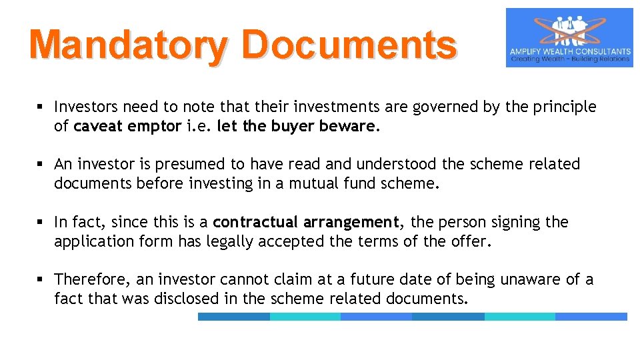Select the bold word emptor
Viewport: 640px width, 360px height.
(x=158, y=126)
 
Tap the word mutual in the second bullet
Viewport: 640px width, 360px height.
(x=312, y=183)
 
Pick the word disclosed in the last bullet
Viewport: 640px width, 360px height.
(x=187, y=299)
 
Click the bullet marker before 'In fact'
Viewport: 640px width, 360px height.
(x=41, y=222)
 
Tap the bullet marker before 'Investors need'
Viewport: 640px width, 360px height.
(x=41, y=107)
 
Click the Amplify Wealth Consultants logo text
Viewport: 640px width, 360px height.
(x=570, y=51)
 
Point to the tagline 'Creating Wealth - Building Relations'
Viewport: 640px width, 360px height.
(x=570, y=59)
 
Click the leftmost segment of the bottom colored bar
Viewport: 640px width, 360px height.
(x=233, y=317)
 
